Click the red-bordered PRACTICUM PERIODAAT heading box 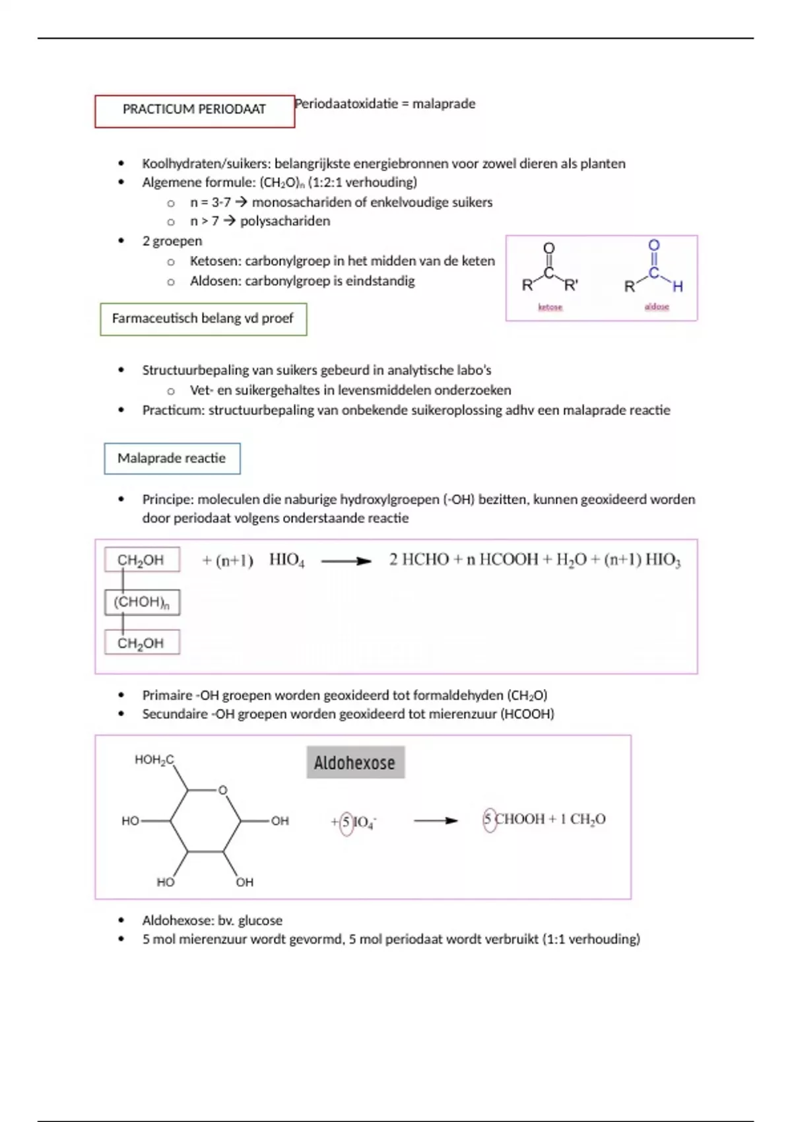[x=194, y=110]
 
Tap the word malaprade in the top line [x=444, y=104]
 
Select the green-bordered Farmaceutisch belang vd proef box [x=203, y=319]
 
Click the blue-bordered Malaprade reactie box [x=172, y=459]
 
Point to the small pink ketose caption [x=550, y=307]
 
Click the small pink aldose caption [x=657, y=307]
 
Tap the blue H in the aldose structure [x=678, y=286]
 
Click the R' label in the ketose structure [x=571, y=286]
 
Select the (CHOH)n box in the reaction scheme [x=142, y=602]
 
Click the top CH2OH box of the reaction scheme [x=141, y=560]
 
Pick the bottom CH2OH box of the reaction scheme [x=141, y=643]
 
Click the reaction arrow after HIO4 [x=346, y=561]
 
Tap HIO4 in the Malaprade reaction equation [x=286, y=560]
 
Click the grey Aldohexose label [x=355, y=763]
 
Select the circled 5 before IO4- [x=346, y=822]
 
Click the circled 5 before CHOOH [x=488, y=820]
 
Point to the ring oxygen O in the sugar [x=222, y=790]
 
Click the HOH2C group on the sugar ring [x=154, y=760]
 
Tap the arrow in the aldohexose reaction [x=436, y=821]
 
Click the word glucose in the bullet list [x=260, y=920]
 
